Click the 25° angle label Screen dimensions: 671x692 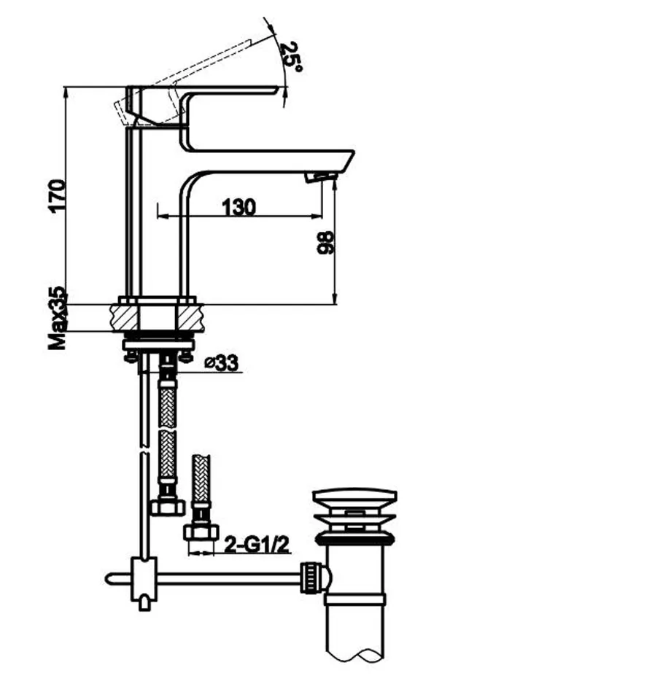click(291, 58)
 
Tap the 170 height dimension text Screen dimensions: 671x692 click(58, 196)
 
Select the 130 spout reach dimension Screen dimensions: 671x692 click(238, 207)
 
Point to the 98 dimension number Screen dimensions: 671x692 click(326, 242)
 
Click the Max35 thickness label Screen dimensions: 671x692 click(58, 318)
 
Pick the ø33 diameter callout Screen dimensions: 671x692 click(222, 363)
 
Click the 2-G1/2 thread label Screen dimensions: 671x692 click(257, 545)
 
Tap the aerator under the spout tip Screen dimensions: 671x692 click(320, 177)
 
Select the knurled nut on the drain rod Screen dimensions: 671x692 click(310, 578)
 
